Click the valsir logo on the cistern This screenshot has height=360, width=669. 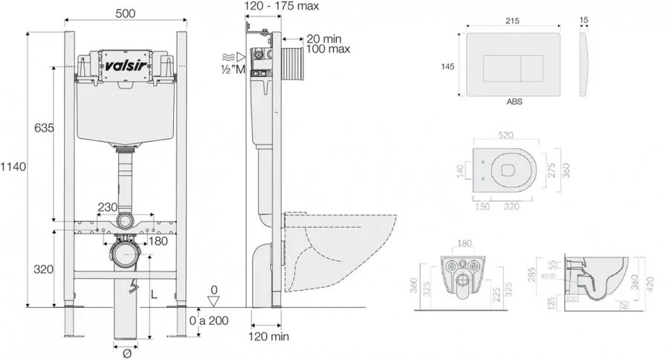pos(125,64)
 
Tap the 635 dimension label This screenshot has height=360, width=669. pos(44,128)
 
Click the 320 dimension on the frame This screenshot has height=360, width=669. pos(44,269)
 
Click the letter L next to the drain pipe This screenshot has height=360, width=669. pos(154,295)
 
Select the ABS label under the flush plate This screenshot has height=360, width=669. pos(514,101)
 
